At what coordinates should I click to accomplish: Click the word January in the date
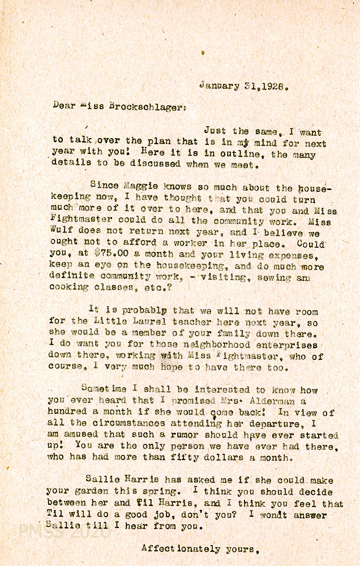click(x=219, y=86)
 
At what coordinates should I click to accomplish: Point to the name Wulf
click(x=64, y=232)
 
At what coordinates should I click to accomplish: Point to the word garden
click(x=99, y=492)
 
